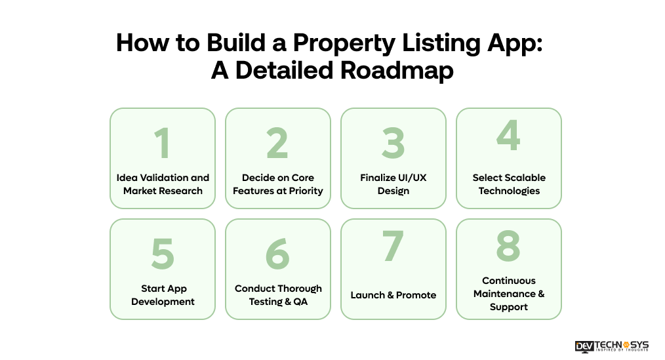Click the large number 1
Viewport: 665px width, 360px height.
(162, 143)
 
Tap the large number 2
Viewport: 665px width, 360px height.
(277, 143)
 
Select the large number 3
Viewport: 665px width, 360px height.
(393, 143)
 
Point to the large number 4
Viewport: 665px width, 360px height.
(508, 134)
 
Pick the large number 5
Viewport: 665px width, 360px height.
(162, 254)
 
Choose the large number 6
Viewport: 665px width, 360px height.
(277, 254)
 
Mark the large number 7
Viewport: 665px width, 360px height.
(393, 246)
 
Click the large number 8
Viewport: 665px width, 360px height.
(508, 246)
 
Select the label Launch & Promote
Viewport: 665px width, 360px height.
(393, 295)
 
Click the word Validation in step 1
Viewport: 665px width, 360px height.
(162, 178)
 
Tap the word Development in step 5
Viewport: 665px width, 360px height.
(163, 302)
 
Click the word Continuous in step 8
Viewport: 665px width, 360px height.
(509, 281)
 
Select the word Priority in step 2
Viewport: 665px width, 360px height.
(304, 191)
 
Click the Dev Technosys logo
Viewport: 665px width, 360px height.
(611, 346)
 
